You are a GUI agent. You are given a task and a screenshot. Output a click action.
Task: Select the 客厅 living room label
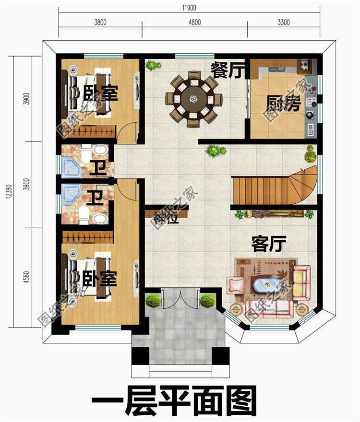coord(269,244)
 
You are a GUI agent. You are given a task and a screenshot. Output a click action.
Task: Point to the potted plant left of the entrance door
coord(153,301)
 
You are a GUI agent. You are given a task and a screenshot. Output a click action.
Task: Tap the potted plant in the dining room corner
coord(153,64)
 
